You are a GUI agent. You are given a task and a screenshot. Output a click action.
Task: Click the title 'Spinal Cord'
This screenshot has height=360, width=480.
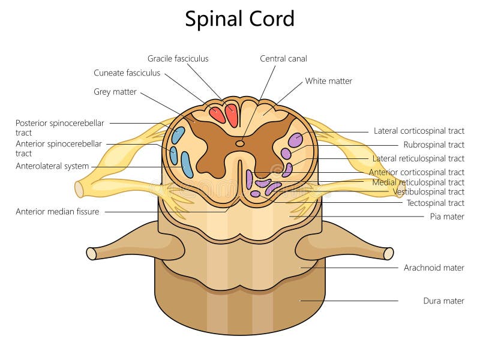(239, 19)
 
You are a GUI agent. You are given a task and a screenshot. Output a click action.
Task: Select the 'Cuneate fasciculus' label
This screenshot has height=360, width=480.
(127, 73)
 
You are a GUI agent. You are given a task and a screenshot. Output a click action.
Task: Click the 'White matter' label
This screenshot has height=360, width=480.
(328, 80)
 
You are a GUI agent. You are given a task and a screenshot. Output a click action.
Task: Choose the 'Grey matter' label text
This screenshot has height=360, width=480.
(115, 92)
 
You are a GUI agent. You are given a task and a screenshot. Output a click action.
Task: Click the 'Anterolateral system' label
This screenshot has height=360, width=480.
(52, 166)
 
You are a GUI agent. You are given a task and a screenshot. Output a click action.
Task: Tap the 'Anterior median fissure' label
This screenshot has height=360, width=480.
(58, 211)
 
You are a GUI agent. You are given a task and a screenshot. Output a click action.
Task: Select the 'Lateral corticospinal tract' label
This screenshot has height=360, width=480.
(419, 130)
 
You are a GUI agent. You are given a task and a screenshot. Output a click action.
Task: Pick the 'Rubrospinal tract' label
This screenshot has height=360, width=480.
(434, 145)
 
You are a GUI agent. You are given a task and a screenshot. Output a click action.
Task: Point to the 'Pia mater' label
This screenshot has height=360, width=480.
(447, 216)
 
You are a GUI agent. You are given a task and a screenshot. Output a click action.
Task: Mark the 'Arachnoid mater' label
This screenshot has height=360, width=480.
(434, 268)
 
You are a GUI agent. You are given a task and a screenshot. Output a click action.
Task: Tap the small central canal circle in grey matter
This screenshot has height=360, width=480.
(240, 143)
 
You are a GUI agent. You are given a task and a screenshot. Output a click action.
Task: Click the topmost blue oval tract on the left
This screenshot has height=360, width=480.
(178, 134)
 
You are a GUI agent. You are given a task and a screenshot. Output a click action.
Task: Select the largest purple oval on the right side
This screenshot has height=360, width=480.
(295, 140)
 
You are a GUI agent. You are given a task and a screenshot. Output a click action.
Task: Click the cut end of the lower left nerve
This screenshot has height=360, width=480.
(91, 253)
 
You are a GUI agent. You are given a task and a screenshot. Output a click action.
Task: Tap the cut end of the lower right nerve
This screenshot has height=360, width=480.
(389, 253)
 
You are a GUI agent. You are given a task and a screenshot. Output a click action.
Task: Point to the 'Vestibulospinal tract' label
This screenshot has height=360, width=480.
(428, 192)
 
